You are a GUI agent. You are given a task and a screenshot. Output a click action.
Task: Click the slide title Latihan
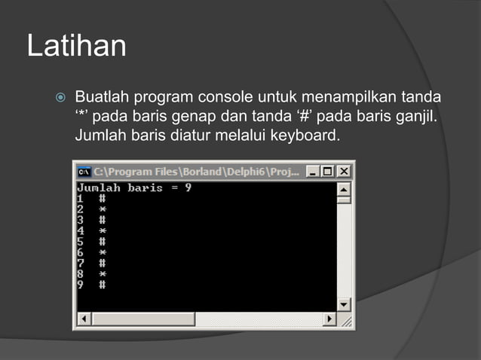(76, 46)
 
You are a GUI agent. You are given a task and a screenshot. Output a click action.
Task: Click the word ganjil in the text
(416, 117)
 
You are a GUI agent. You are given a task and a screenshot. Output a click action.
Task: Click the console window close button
(344, 171)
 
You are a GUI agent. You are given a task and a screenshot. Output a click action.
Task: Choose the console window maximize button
(329, 171)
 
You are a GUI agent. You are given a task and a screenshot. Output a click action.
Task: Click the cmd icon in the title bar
(84, 171)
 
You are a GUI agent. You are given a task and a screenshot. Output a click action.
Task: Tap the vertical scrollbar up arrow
(344, 188)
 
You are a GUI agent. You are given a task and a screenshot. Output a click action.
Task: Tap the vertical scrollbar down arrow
(344, 305)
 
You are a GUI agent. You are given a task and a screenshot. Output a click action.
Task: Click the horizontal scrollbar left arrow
(84, 319)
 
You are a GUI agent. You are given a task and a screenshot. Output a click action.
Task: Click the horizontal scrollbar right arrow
(329, 319)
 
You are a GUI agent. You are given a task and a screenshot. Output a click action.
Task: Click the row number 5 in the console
(81, 242)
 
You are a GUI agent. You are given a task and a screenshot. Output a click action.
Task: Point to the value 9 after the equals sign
(188, 188)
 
